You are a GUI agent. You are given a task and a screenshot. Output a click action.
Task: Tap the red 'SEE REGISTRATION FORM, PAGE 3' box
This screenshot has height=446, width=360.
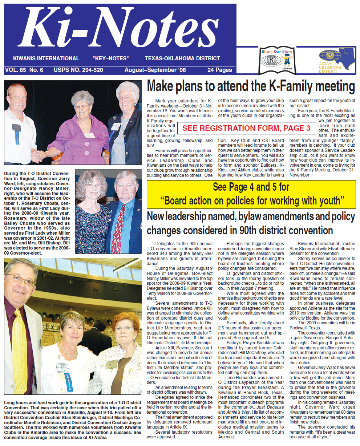point(246,128)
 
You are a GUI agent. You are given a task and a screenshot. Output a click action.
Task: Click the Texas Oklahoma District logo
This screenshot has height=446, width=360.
point(336,60)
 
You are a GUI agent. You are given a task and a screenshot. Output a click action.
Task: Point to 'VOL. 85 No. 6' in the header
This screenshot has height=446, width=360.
point(24,70)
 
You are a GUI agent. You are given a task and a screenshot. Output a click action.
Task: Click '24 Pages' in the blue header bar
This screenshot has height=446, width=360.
point(219,70)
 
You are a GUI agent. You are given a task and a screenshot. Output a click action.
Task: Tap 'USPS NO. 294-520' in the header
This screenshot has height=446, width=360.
point(78,70)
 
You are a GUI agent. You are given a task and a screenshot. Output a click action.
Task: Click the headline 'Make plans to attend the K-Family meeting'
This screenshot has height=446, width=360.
point(251,87)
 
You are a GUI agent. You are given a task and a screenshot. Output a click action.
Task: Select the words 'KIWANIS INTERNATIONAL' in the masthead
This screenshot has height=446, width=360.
point(46,58)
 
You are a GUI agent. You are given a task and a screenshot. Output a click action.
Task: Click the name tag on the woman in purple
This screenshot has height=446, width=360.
point(89,135)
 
